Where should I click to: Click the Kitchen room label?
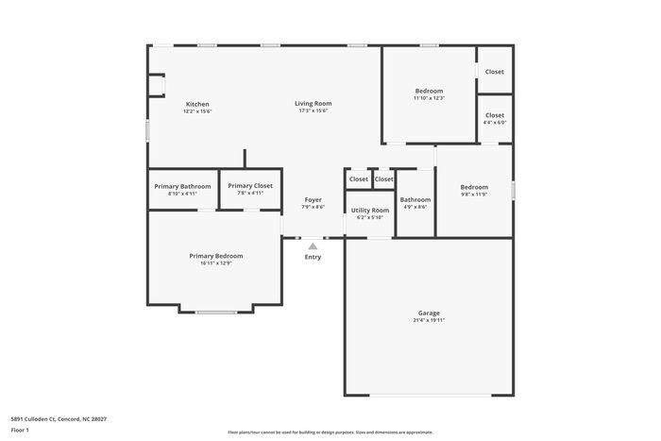pos(197,104)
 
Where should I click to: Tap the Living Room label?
pos(314,104)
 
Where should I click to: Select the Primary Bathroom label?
pos(182,186)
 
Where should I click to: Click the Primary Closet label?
pos(250,186)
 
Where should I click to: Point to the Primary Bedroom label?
pos(215,256)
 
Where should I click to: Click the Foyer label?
pos(313,199)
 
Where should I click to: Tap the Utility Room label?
pos(369,210)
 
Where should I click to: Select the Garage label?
pos(429,313)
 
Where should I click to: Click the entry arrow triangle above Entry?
pos(313,246)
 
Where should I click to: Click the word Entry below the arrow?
pos(313,257)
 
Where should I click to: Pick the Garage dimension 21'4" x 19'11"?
pos(429,320)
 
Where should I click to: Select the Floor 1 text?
pos(20,430)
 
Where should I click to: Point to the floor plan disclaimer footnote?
pos(330,432)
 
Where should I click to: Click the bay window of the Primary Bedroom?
pos(215,312)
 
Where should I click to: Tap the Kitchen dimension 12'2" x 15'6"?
pos(197,111)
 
